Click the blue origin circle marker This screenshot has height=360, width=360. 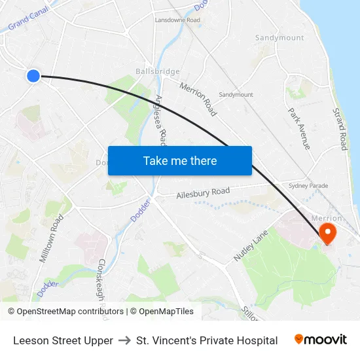[x=33, y=76]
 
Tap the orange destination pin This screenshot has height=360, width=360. [x=326, y=232]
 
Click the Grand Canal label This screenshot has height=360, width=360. [x=26, y=24]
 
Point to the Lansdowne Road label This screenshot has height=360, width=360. [x=177, y=20]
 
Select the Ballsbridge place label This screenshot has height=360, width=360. [x=157, y=71]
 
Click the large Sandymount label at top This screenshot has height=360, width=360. [x=279, y=38]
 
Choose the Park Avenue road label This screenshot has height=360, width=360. [x=298, y=128]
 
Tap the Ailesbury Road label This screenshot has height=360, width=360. [x=203, y=192]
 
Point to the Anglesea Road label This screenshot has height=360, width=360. [x=161, y=118]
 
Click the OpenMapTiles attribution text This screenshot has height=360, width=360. [x=166, y=312]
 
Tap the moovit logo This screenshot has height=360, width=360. [x=320, y=340]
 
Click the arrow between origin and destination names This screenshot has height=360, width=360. [x=124, y=340]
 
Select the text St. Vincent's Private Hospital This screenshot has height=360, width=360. [x=207, y=340]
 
